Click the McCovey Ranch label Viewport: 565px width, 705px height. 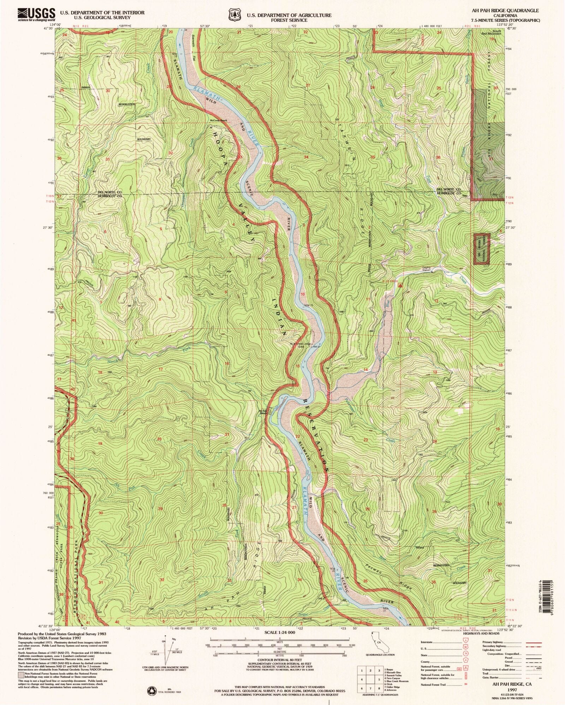click(218, 121)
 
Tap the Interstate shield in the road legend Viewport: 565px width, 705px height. click(465, 642)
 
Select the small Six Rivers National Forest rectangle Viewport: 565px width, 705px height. click(482, 249)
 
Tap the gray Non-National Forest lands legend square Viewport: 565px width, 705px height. click(21, 673)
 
